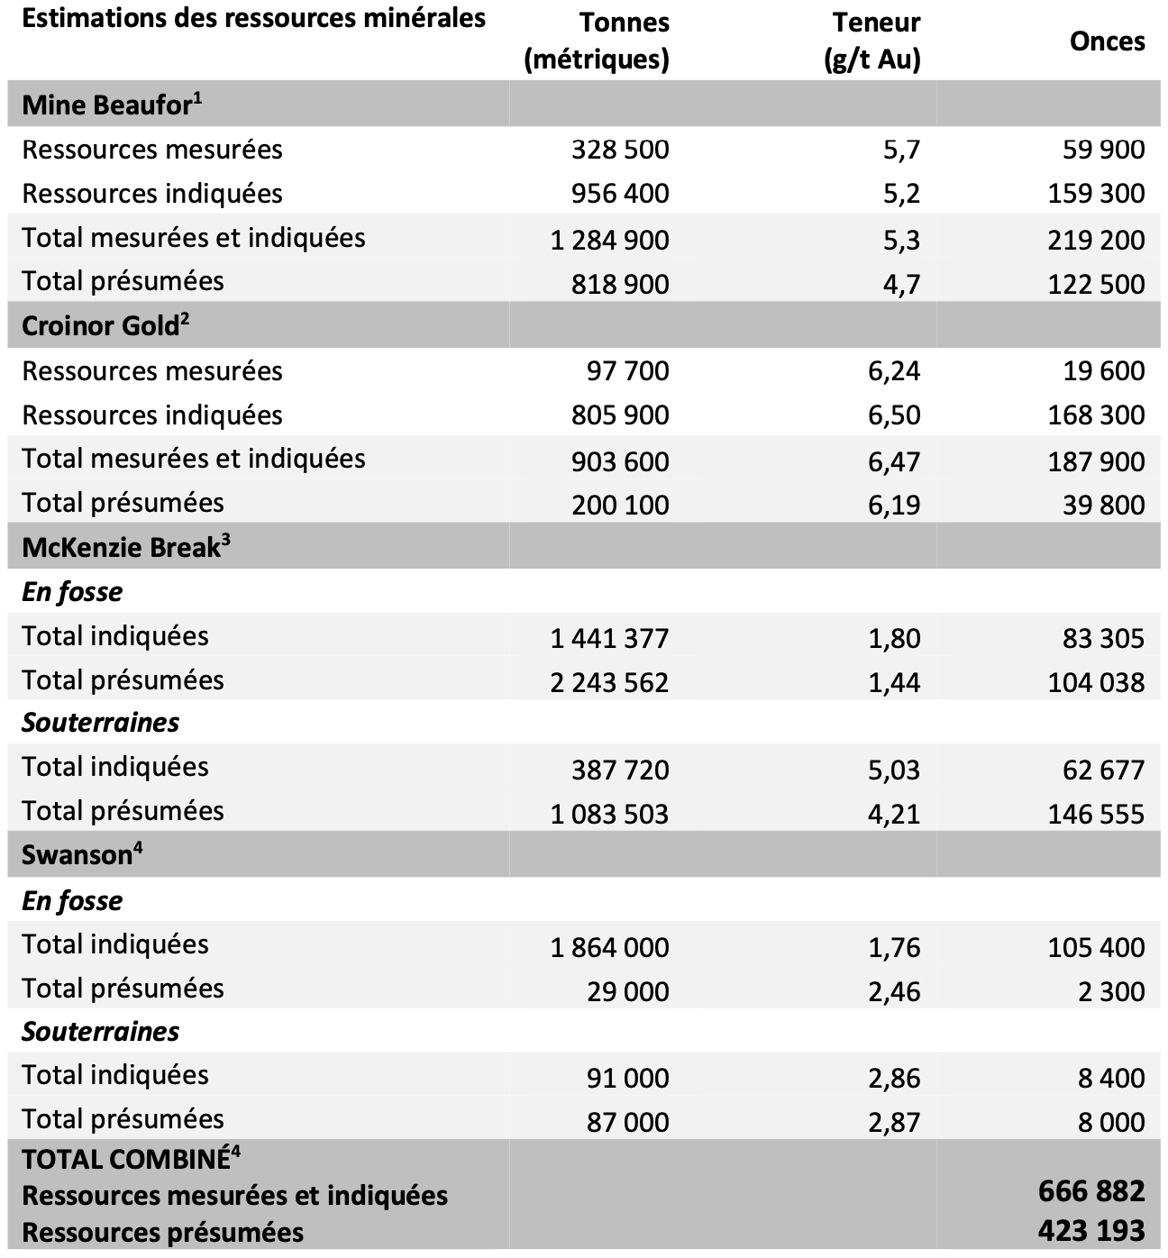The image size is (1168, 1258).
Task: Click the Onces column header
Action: [1107, 41]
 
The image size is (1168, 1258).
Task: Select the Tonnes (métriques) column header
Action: [597, 41]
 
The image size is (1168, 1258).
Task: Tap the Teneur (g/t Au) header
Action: [872, 41]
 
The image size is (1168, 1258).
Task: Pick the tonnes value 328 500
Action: [620, 150]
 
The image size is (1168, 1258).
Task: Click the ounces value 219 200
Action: [1096, 240]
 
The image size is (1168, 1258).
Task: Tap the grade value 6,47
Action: [894, 461]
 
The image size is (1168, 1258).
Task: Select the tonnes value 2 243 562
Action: [609, 682]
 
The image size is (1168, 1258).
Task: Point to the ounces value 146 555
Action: [1096, 814]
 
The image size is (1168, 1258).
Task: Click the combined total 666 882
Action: [1091, 1191]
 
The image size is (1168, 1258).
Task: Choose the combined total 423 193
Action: [1091, 1230]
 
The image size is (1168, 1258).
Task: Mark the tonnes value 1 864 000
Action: [609, 947]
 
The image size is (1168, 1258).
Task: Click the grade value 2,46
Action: [894, 991]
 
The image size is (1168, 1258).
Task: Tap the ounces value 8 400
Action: [1111, 1078]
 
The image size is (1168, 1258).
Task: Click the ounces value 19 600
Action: [1103, 371]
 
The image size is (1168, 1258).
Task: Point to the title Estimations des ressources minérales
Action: [253, 18]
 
